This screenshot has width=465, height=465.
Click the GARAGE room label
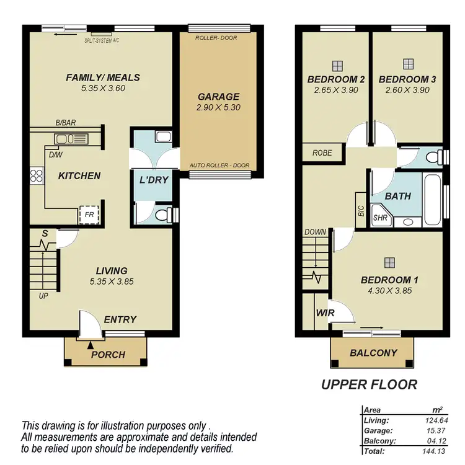coord(218,97)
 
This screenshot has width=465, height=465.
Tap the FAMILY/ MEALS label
coord(104,77)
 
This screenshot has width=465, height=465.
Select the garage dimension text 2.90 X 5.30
coord(218,107)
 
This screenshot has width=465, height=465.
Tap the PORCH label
coord(108,355)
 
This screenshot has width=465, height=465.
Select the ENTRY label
coord(120,319)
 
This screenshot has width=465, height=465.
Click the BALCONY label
coord(373,353)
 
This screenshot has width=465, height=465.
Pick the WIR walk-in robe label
coord(325,313)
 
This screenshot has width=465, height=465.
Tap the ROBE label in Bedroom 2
coord(322,153)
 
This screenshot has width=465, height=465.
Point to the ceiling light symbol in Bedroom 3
coord(407,64)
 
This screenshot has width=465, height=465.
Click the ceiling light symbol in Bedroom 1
coord(389,262)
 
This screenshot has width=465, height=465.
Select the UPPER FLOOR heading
coord(369,385)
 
